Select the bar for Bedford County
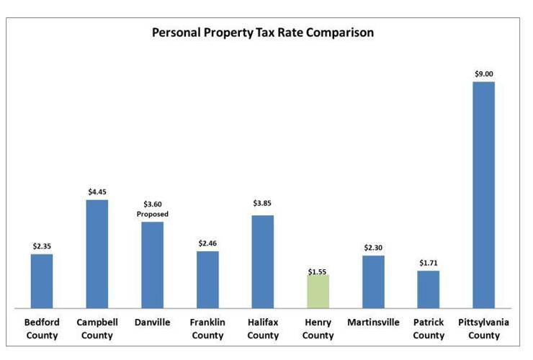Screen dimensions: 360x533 (x=42, y=281)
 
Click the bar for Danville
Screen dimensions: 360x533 (x=152, y=264)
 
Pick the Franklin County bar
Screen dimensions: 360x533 (x=207, y=279)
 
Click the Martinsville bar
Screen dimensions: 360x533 (x=373, y=282)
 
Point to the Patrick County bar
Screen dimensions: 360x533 (x=429, y=289)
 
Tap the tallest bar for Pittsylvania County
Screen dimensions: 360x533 (x=483, y=194)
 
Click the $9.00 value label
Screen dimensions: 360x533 (x=484, y=73)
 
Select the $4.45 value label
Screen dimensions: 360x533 (x=97, y=192)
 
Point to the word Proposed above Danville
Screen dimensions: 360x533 (x=152, y=214)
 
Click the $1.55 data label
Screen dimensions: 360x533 (x=318, y=271)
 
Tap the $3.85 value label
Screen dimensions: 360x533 (x=263, y=203)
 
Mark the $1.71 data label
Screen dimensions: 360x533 (x=429, y=263)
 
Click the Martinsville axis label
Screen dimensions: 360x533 (x=373, y=323)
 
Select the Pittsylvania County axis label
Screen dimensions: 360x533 (x=483, y=329)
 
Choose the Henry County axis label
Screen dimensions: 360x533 (x=318, y=329)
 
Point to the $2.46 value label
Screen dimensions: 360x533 (x=207, y=243)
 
